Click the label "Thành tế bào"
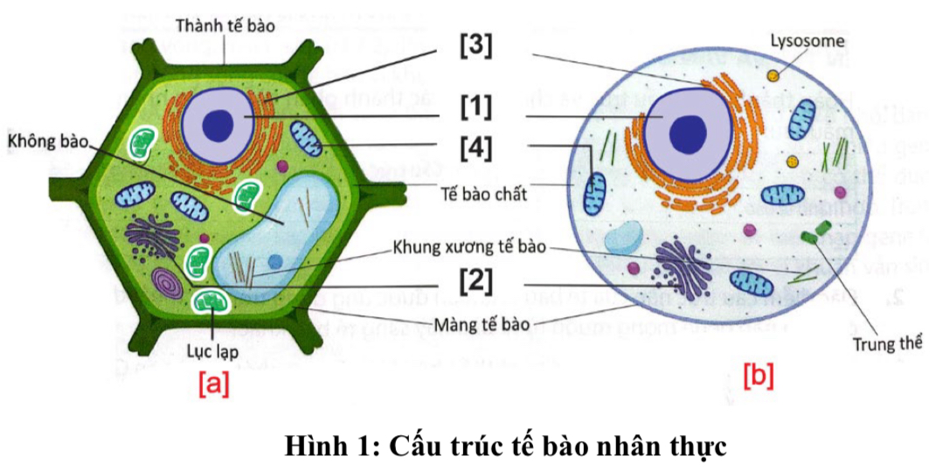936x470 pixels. point(225,25)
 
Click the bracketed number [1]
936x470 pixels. point(475,107)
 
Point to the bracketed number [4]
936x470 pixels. point(475,145)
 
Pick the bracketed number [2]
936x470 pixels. point(475,280)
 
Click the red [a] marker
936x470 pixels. point(213,383)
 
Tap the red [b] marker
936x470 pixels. point(758,377)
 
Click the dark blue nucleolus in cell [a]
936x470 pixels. point(218,124)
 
